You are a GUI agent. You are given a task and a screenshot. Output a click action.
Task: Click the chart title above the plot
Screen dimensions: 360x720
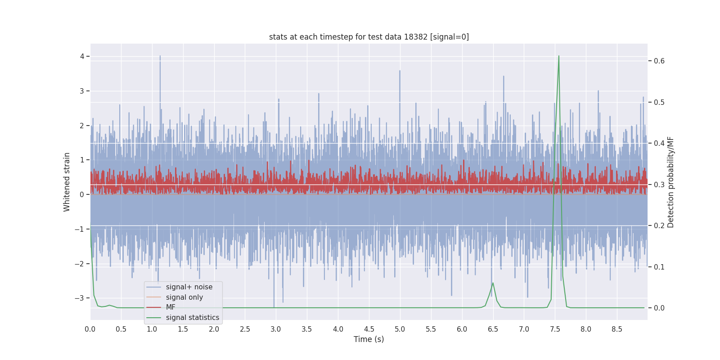(369, 37)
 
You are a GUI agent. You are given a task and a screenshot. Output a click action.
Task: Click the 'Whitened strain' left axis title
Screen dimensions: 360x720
(67, 182)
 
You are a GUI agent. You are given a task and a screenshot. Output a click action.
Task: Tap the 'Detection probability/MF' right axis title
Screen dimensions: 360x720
(670, 182)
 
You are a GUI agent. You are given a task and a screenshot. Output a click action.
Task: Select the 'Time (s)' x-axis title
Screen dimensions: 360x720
(369, 339)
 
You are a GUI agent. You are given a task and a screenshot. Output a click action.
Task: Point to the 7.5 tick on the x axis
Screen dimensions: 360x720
(555, 329)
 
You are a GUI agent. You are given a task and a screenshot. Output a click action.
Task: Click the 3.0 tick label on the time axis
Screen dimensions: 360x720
(276, 329)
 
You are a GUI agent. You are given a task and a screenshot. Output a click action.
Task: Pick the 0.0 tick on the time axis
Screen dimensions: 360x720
(90, 329)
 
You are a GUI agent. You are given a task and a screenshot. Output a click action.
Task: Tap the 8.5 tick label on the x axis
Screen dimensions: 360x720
(617, 329)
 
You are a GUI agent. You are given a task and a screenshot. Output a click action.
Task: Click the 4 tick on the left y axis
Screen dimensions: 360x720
(82, 56)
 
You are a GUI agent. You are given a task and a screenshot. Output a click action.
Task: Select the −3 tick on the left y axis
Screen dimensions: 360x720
(79, 298)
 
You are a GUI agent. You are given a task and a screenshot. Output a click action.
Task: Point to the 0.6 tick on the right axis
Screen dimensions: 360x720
(659, 61)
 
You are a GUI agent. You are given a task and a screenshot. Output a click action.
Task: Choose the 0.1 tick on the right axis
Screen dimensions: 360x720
(659, 267)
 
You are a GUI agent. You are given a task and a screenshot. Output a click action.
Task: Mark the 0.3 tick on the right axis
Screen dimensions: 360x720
(659, 184)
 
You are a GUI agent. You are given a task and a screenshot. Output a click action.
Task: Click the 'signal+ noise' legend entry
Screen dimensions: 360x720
(189, 287)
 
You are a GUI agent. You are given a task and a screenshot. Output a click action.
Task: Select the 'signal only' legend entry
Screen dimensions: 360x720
(184, 297)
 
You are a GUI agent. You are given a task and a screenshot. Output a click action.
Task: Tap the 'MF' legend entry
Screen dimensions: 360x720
(171, 307)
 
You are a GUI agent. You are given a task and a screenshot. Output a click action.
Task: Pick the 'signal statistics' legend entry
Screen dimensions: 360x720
(192, 318)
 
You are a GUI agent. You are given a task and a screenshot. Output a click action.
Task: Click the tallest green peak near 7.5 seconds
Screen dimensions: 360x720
(559, 57)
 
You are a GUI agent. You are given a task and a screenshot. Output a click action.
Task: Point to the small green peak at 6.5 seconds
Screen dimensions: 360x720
(493, 283)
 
